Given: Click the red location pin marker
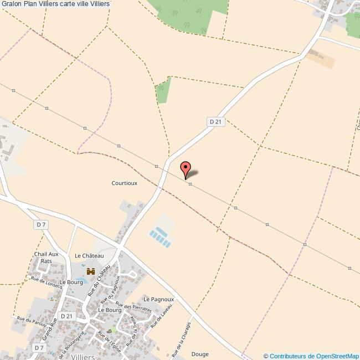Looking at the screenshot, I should click(186, 168).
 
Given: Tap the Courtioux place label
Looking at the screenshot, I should click(124, 182).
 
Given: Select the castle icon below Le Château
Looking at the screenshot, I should click(90, 272).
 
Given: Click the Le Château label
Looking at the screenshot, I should click(89, 255).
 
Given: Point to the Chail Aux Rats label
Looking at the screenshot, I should click(47, 258).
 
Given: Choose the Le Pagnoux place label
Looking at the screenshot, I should click(159, 299).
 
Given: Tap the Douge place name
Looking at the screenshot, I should click(200, 353).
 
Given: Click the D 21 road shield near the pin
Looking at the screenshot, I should click(216, 121).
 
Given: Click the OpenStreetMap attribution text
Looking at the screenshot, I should click(311, 356).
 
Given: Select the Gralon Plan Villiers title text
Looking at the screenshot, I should click(55, 4).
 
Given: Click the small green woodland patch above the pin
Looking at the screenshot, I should click(163, 91).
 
